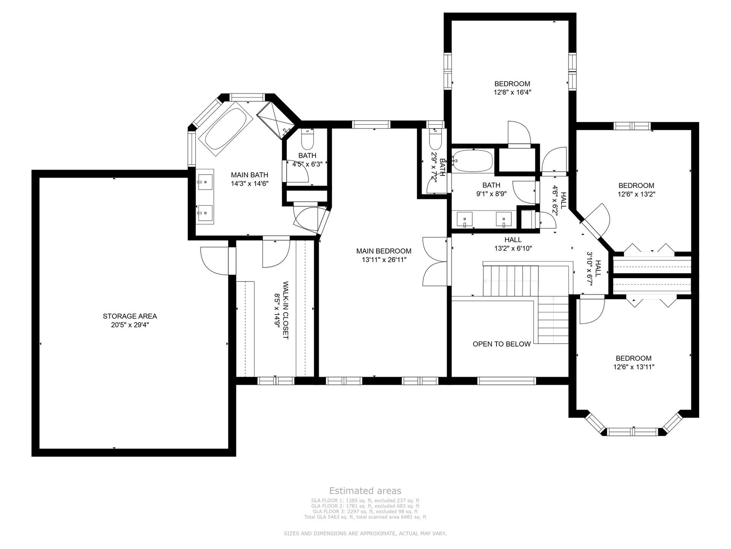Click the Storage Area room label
[130, 316]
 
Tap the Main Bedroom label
[384, 251]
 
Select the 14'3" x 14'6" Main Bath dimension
[250, 183]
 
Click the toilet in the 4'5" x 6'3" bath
[307, 139]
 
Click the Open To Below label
[502, 344]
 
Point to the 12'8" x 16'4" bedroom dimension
[512, 92]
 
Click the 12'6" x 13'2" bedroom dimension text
[636, 194]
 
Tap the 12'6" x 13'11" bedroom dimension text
[634, 367]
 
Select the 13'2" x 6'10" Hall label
[513, 240]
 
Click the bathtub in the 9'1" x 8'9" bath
[472, 161]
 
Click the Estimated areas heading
[365, 491]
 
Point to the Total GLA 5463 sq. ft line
[365, 517]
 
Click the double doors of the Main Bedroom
[434, 261]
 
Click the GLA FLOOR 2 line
[365, 506]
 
